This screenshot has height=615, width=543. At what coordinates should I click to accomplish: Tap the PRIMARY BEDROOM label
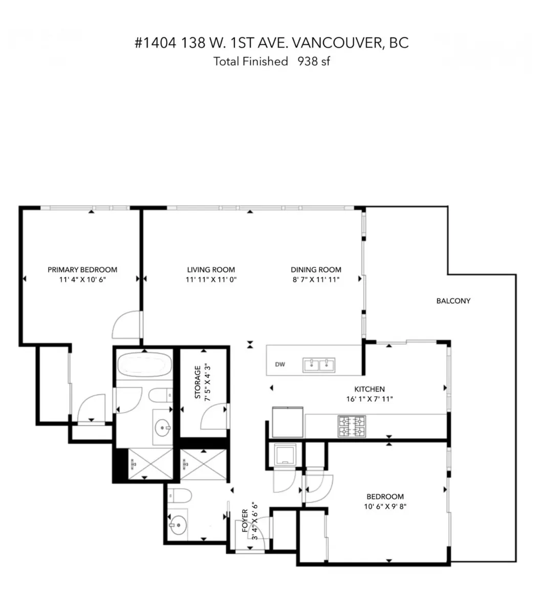(82, 270)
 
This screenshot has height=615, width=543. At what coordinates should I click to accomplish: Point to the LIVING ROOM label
(211, 270)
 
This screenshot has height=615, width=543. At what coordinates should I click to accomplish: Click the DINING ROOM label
(316, 270)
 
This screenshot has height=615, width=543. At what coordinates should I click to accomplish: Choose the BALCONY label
(453, 301)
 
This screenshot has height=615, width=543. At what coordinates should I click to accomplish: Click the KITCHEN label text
(369, 389)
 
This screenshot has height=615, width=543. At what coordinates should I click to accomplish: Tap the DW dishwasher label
(280, 365)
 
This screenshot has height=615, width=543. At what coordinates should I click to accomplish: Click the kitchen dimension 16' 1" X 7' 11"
(369, 399)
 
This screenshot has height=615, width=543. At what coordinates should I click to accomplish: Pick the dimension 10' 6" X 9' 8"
(385, 506)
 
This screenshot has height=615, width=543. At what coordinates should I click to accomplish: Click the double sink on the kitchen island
(318, 364)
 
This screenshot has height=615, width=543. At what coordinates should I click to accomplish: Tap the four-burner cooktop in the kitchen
(352, 426)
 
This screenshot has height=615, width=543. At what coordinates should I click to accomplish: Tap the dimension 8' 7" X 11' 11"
(316, 279)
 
